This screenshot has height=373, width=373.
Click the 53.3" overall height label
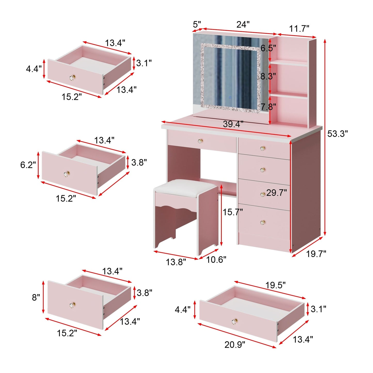pos(337,134)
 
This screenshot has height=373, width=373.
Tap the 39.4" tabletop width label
pos(233,124)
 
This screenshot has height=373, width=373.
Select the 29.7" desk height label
pos(276,193)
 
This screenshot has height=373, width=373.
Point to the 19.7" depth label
pos(316,254)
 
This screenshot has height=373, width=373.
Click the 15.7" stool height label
pos(233,212)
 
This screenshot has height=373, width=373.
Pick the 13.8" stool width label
pos(176,262)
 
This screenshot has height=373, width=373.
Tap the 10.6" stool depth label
pos(216,260)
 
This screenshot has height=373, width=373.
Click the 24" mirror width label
pos(243,25)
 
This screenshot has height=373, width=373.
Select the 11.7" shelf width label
pos(299,28)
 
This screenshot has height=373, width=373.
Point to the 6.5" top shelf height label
pos(268,48)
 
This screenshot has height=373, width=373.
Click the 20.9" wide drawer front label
pos(235,345)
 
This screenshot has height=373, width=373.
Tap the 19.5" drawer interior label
pos(275,285)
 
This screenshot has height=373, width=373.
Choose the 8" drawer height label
pos(36,297)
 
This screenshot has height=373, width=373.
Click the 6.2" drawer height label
pos(28,165)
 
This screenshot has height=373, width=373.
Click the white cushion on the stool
pos(186,187)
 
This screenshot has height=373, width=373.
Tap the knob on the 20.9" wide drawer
pos(234,321)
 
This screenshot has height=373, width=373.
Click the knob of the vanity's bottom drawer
pos(263,222)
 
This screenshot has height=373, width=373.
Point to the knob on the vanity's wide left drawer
pos(201,141)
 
